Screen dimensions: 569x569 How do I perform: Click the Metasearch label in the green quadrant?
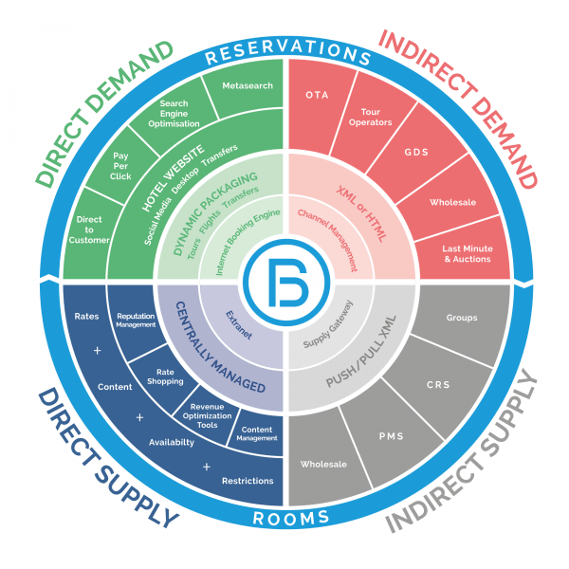[248, 85]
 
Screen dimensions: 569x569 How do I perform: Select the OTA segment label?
[317, 95]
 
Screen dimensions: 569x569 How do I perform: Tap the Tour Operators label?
[370, 117]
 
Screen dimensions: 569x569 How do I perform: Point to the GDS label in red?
[416, 152]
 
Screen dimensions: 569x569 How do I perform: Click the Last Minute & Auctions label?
[468, 253]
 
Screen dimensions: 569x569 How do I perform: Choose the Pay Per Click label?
[120, 166]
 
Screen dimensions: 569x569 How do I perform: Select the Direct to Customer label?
[89, 229]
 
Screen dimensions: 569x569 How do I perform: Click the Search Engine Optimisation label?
[174, 114]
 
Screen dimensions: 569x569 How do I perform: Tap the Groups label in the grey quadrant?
[462, 318]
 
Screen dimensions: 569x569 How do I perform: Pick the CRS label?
[438, 385]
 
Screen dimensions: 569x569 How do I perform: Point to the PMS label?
[391, 436]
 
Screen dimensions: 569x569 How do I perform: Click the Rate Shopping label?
[165, 376]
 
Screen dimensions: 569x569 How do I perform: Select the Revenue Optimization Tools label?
[207, 416]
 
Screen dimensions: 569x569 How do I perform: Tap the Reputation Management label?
[136, 321]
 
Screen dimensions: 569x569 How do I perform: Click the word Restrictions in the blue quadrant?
[248, 481]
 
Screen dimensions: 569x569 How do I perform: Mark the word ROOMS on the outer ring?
[291, 518]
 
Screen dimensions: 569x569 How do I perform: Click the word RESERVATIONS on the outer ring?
[287, 51]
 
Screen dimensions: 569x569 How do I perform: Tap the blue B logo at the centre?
[286, 282]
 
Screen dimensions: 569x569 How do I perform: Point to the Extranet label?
[239, 325]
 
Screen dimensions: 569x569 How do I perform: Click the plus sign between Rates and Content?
[97, 351]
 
